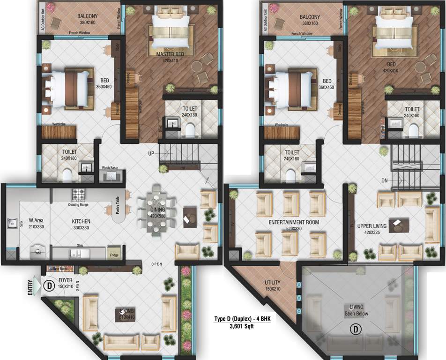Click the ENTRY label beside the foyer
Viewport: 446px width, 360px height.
[x=31, y=286]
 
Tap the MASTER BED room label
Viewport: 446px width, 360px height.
[x=170, y=54]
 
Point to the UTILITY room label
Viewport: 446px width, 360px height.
[x=272, y=283]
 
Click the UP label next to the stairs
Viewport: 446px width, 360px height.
[x=151, y=153]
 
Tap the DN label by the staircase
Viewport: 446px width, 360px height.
[x=384, y=180]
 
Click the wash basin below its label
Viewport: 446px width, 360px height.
[x=111, y=176]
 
